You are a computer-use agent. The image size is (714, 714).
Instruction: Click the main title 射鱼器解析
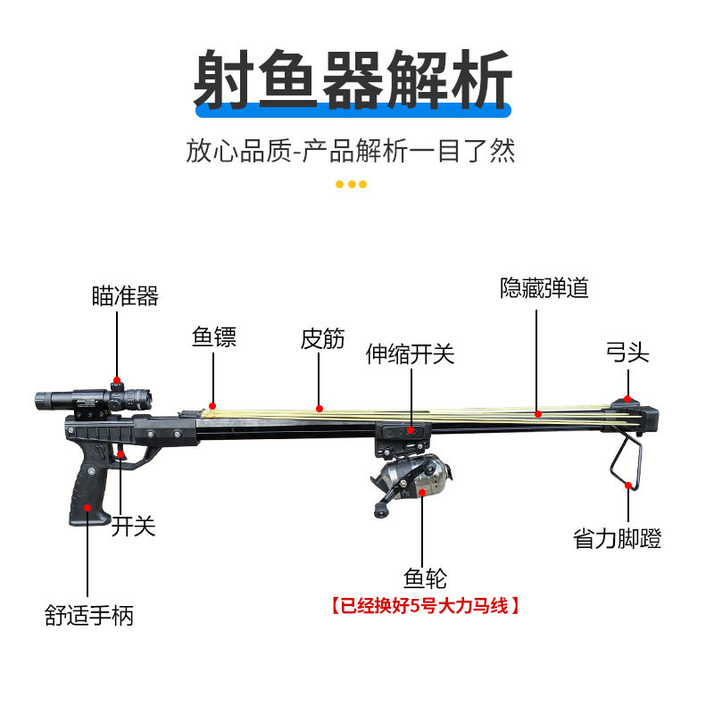click(x=354, y=79)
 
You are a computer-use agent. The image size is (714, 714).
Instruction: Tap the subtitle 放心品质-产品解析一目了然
click(x=351, y=149)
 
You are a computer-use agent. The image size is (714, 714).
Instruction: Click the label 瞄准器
click(x=125, y=295)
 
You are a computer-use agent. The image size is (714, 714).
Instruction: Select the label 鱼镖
click(x=214, y=338)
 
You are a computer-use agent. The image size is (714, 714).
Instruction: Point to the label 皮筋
click(x=322, y=338)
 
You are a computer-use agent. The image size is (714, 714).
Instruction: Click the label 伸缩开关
click(x=411, y=354)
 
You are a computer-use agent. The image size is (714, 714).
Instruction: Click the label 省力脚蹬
click(x=618, y=539)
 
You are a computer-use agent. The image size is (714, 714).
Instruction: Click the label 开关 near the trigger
click(x=134, y=527)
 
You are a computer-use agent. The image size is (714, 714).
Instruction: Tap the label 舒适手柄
click(x=89, y=615)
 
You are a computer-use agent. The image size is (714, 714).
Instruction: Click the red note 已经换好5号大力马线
click(x=425, y=606)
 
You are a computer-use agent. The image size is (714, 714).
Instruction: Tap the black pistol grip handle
click(x=89, y=486)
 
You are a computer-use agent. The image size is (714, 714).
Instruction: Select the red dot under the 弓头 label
click(x=628, y=399)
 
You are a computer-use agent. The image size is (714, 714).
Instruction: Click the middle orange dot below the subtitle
click(x=351, y=185)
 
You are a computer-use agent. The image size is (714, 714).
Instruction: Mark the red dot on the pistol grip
click(x=87, y=507)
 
